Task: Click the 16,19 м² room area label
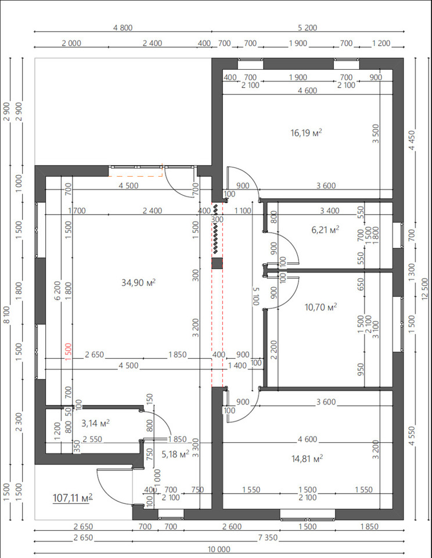click(x=306, y=133)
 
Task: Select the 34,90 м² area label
click(x=139, y=283)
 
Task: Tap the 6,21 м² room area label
click(x=325, y=230)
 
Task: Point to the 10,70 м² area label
click(x=321, y=307)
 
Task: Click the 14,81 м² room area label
click(x=307, y=459)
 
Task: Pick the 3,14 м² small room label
click(x=95, y=424)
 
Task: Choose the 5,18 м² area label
click(x=175, y=455)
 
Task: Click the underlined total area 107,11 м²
click(x=73, y=498)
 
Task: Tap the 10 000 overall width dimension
click(x=219, y=549)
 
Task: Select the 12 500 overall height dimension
click(x=425, y=289)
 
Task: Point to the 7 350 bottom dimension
click(x=268, y=538)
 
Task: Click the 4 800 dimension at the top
click(x=123, y=28)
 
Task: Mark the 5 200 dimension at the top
click(x=307, y=28)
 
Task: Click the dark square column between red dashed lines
click(x=217, y=263)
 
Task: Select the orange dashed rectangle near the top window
click(x=135, y=171)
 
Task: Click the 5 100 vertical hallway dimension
click(x=256, y=296)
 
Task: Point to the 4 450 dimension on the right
click(x=412, y=140)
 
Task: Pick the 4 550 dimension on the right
click(x=412, y=436)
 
